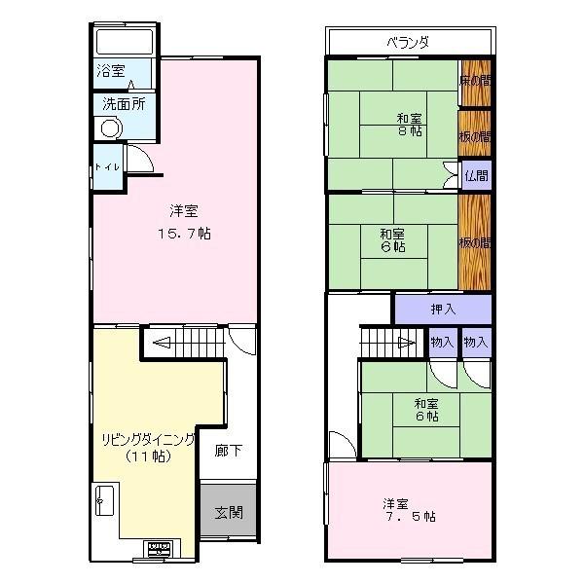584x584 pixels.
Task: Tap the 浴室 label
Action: pyautogui.click(x=110, y=71)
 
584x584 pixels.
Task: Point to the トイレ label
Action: pyautogui.click(x=106, y=167)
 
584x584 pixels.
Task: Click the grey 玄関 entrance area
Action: pyautogui.click(x=229, y=512)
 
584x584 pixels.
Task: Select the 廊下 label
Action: pyautogui.click(x=229, y=453)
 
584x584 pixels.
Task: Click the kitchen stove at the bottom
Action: pyautogui.click(x=157, y=549)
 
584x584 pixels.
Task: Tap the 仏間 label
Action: pyautogui.click(x=476, y=176)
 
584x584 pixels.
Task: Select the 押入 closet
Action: pyautogui.click(x=443, y=310)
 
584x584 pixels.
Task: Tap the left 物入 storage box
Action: pyautogui.click(x=442, y=342)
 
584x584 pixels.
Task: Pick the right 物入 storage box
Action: pyautogui.click(x=476, y=342)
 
